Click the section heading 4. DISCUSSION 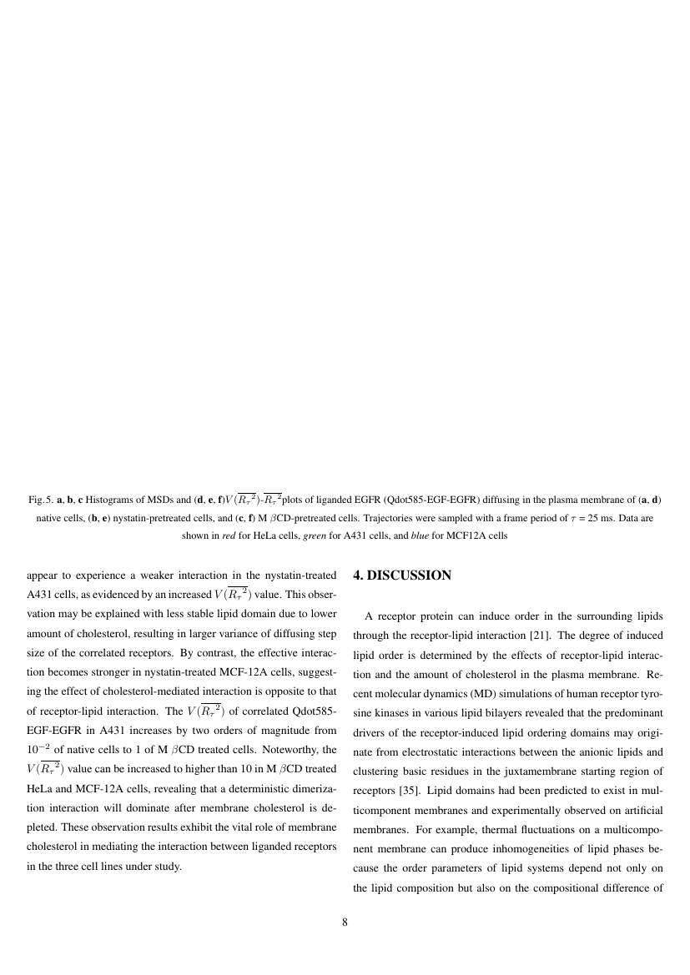point(402,575)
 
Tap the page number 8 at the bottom point(345,922)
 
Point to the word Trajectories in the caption point(410,518)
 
